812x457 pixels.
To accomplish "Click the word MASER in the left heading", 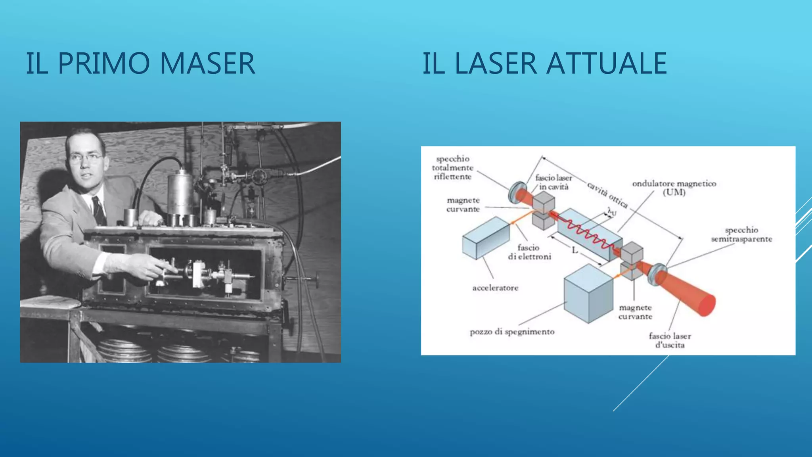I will tap(207, 63).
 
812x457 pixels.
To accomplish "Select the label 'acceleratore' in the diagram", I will tap(495, 288).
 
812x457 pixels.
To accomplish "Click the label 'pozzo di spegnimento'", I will tap(512, 332).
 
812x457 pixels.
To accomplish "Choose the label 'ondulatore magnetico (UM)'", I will tap(674, 188).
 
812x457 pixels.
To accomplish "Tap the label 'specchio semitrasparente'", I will tap(741, 234).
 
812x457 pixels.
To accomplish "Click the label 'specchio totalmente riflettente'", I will tap(452, 168).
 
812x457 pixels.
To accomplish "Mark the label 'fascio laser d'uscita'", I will tap(670, 340).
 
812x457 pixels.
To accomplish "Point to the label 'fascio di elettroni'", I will tap(529, 252).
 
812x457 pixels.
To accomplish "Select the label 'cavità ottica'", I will tap(607, 195).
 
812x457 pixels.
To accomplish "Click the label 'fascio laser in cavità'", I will tap(553, 182).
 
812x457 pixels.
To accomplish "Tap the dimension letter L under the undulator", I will tap(575, 250).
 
